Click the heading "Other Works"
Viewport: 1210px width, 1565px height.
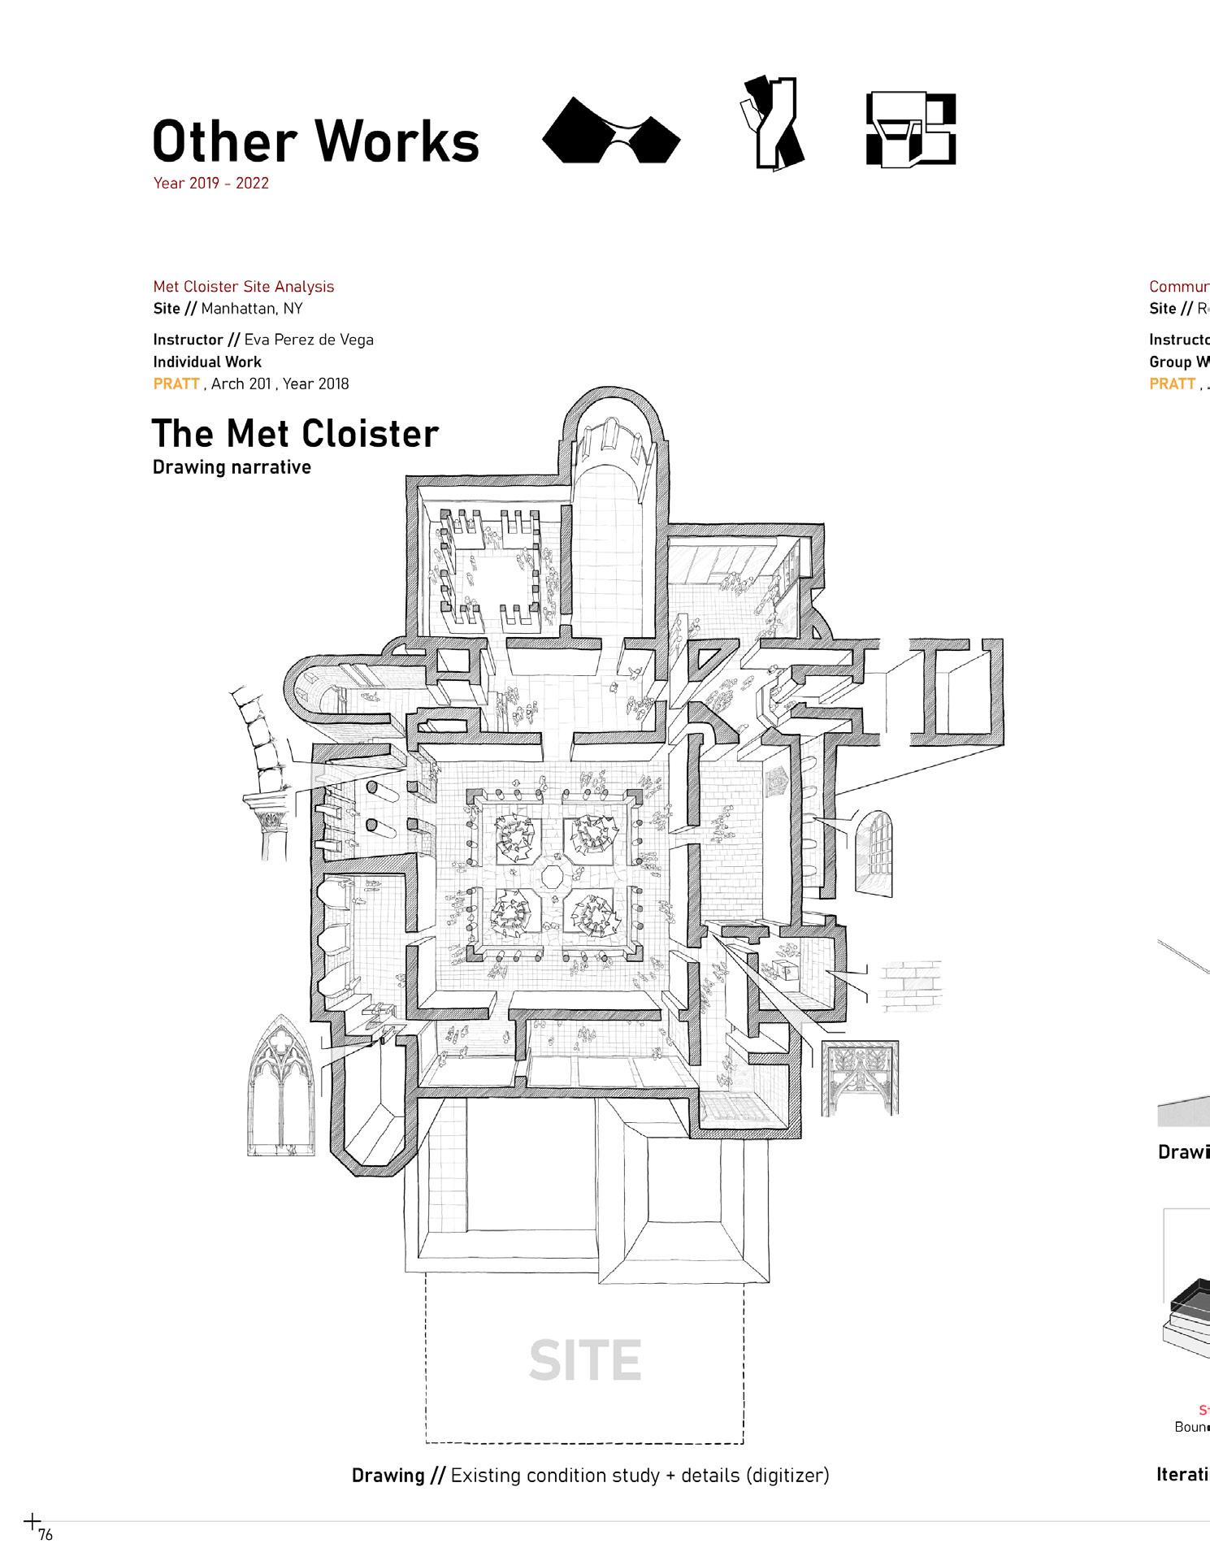(315, 141)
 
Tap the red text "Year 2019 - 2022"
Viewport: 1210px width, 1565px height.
(210, 184)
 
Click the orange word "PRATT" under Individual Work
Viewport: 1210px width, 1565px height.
(176, 384)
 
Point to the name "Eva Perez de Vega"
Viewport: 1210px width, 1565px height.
(309, 340)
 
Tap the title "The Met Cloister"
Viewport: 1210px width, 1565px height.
(295, 433)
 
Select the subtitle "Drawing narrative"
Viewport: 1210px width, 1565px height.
(232, 467)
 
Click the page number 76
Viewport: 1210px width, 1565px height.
(46, 1535)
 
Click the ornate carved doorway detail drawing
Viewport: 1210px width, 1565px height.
(860, 1077)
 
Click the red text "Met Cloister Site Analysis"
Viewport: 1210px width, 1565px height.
(243, 287)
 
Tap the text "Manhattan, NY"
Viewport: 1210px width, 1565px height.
(251, 309)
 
